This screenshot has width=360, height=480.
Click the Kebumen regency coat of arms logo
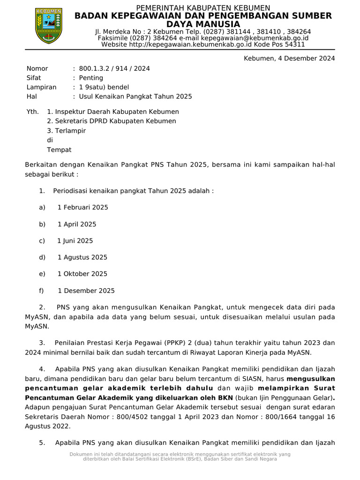(49, 26)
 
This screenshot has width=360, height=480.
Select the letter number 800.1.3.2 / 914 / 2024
(114, 68)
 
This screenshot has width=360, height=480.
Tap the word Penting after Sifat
(91, 78)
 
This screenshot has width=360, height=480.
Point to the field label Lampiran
(41, 87)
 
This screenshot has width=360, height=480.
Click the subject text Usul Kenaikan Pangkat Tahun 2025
(135, 97)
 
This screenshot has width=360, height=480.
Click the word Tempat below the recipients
(59, 150)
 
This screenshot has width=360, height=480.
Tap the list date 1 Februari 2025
(82, 207)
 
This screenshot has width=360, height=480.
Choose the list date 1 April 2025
(77, 224)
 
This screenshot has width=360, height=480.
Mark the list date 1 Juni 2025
(75, 241)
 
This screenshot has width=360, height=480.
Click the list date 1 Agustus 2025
(82, 257)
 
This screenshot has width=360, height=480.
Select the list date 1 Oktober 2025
(82, 274)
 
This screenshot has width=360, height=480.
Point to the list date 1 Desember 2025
(86, 291)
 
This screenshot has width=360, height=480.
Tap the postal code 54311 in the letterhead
(295, 45)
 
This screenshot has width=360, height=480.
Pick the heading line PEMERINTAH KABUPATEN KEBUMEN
(203, 8)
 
